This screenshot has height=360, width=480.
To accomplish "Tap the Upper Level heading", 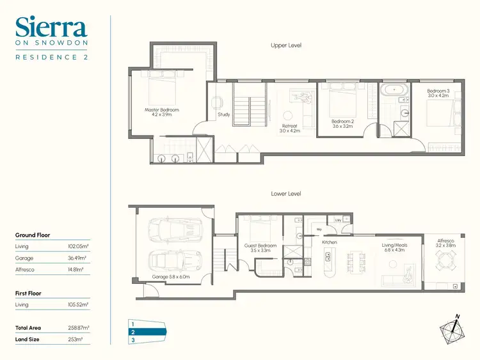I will pos(286,45).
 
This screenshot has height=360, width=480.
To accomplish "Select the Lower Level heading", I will pos(286,193).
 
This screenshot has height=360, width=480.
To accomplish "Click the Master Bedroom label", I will pos(161,112).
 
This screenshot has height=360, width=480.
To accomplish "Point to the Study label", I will pos(223,115).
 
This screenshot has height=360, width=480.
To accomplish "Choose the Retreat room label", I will pos(290,129).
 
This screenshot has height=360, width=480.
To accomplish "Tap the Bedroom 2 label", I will pos(343,123).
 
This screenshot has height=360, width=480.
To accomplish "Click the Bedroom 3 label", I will pos(439,93).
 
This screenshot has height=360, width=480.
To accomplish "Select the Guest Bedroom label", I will pos(260,248).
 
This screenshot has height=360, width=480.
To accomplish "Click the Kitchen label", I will pos(330,242).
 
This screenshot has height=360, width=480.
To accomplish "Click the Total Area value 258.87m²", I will pos(78,327).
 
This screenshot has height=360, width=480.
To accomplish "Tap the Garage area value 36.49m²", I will pos(79,258).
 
